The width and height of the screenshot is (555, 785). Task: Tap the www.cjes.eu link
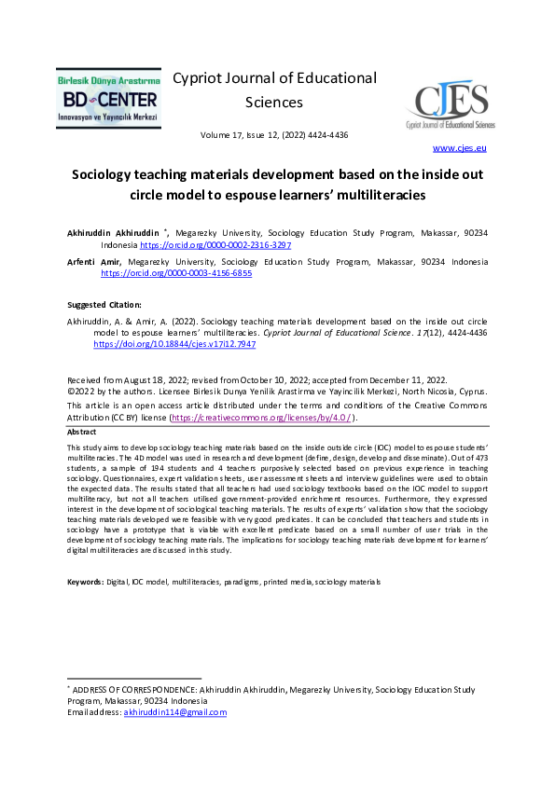coord(459,147)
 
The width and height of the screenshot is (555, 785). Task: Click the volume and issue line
coord(274,135)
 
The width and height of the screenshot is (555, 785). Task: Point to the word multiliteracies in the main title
coord(373,195)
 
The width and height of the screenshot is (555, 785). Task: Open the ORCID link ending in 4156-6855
coord(176,274)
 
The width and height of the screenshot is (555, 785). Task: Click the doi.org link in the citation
coord(174,344)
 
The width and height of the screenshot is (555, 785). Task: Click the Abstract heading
coord(81,433)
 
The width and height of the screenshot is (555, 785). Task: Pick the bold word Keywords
coord(86,582)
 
